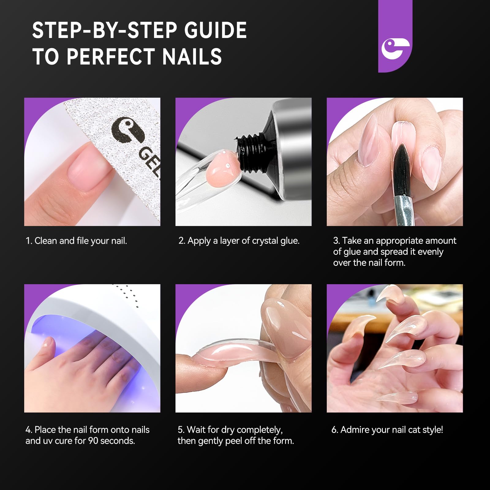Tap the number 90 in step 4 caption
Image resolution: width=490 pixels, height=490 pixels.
click(93, 441)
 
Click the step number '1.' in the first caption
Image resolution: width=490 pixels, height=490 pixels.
click(29, 241)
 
